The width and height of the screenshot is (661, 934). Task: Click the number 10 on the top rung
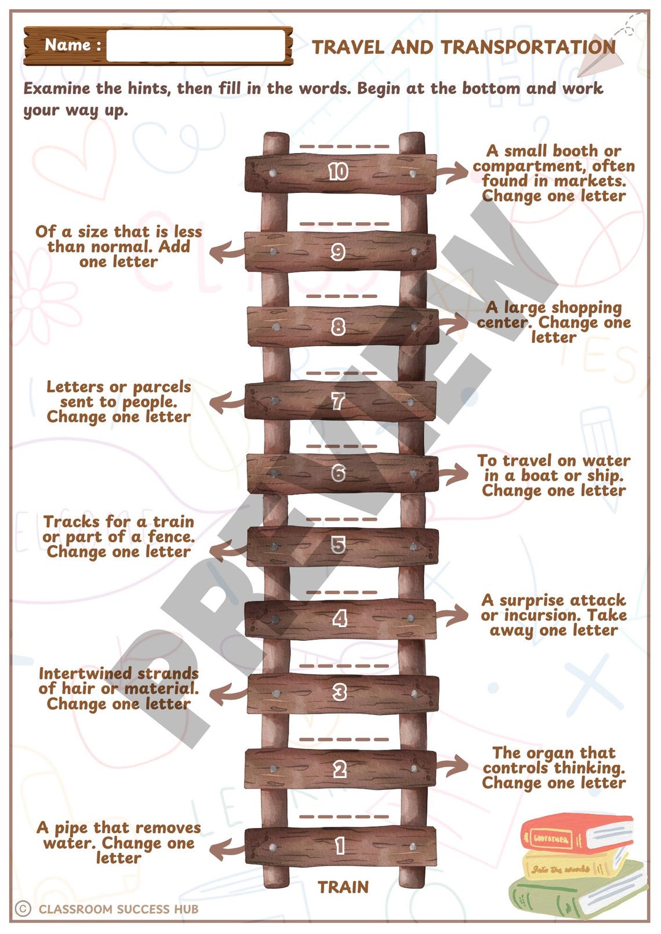click(x=338, y=172)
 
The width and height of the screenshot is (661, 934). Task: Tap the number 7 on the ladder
click(x=338, y=400)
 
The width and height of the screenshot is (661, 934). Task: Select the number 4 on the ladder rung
click(x=340, y=619)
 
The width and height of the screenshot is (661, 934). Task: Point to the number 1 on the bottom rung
click(x=340, y=846)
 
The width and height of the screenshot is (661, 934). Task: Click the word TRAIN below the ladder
click(x=343, y=887)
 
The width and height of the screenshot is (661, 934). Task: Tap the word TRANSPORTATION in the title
click(x=528, y=47)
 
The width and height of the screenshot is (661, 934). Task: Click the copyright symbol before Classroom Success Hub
click(x=23, y=909)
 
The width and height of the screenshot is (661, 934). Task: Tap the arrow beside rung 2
click(x=452, y=766)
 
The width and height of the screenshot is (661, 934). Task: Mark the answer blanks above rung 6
click(x=342, y=446)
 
